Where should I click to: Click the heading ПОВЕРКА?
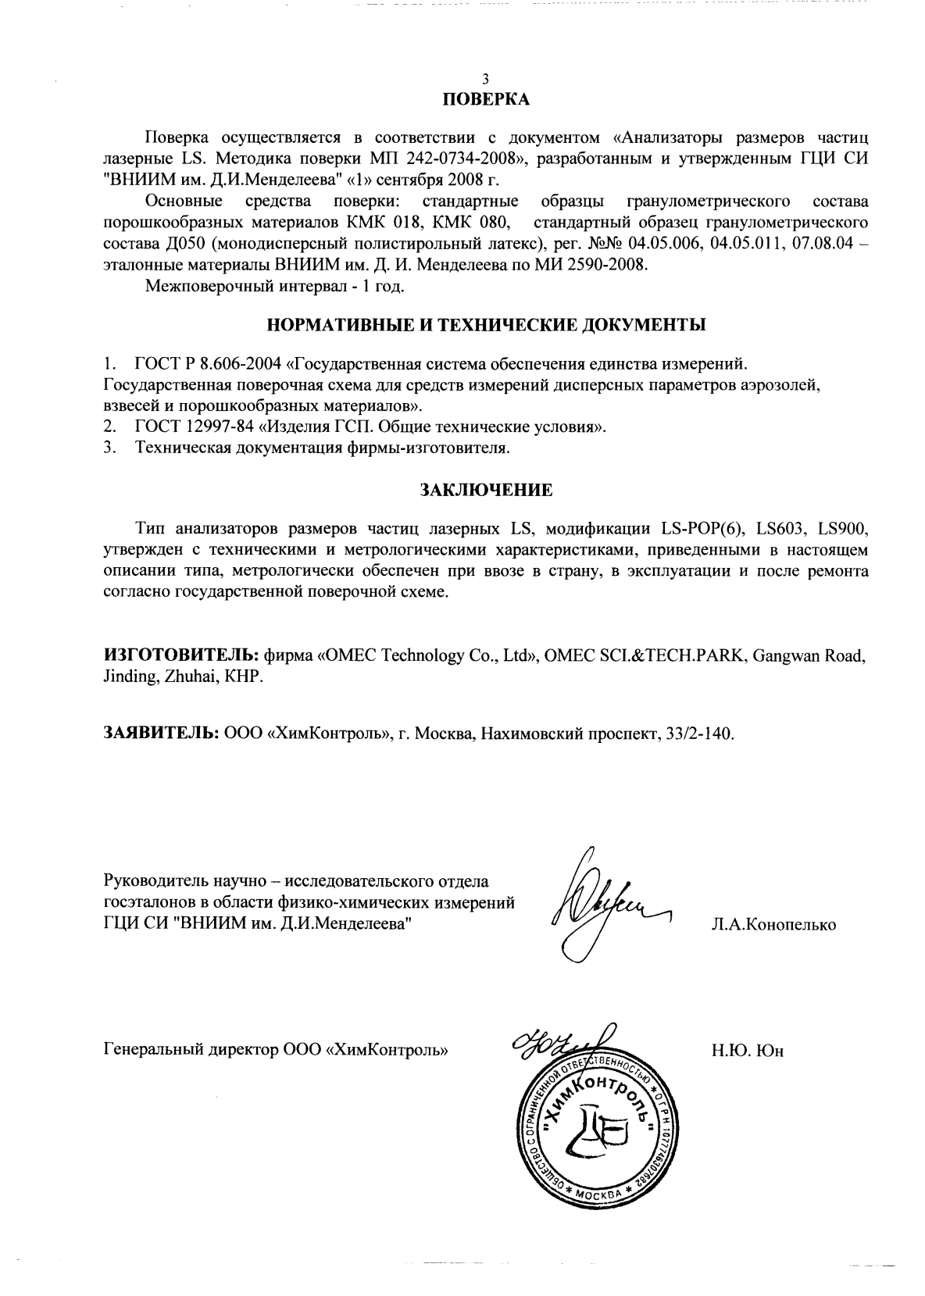[486, 100]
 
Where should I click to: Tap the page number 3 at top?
[486, 79]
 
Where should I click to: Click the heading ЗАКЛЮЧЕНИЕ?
[486, 491]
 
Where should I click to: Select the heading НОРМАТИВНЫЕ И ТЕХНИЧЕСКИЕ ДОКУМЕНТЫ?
[486, 324]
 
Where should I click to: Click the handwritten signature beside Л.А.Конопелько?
[602, 906]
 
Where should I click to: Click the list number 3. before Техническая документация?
[110, 448]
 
